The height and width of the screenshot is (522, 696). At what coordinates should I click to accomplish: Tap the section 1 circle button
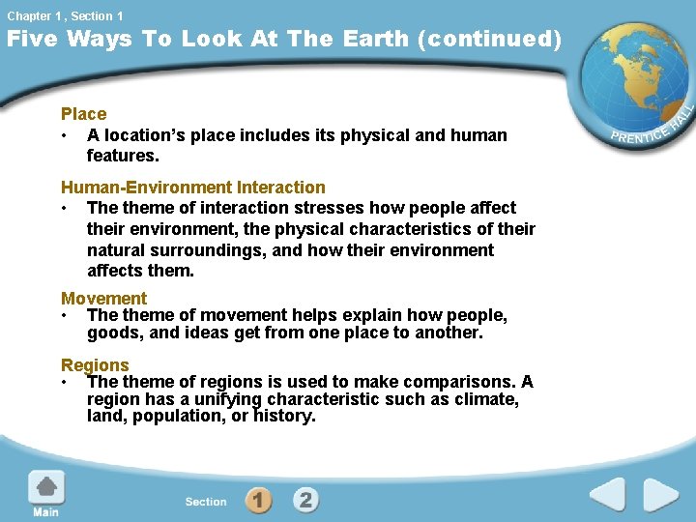(258, 500)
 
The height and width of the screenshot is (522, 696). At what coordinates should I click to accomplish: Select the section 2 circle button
(305, 500)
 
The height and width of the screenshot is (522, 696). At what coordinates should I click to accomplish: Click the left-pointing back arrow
(608, 496)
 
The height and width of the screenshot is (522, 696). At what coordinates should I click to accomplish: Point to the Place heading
(84, 114)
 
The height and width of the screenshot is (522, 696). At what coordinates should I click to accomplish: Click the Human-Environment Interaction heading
(193, 187)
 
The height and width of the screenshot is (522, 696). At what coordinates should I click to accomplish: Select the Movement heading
(103, 299)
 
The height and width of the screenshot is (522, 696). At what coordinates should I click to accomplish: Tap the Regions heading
(95, 364)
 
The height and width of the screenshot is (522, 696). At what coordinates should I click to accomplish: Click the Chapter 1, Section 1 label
(65, 15)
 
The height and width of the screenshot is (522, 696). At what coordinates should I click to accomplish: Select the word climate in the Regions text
(486, 399)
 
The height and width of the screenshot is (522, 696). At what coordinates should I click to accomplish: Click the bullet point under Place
(65, 135)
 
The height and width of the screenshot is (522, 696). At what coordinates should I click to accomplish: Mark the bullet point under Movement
(65, 315)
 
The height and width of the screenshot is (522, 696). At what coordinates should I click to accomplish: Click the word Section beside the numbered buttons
(206, 502)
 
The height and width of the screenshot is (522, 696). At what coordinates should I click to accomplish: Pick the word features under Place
(121, 155)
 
